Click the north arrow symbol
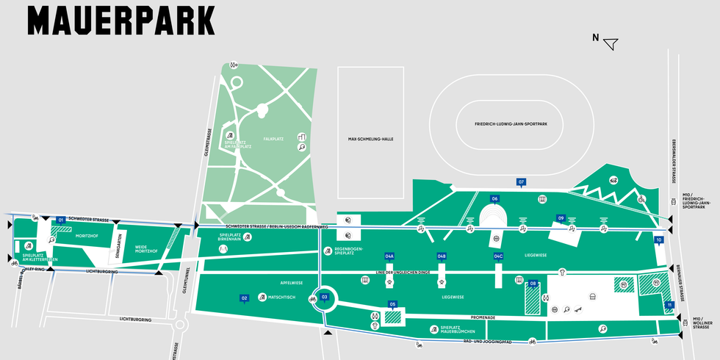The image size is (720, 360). coord(610,43)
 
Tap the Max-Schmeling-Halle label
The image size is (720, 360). coord(370,139)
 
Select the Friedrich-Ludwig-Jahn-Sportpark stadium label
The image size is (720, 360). coord(506,125)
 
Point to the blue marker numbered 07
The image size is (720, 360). coord(522,181)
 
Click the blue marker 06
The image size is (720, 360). coord(494,198)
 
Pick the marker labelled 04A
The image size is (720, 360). coord(390,256)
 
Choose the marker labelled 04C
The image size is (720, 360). coord(498,256)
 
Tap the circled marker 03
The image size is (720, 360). coord(324,297)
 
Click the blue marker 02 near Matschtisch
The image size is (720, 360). coord(244,298)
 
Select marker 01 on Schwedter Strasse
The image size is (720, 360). coord(61,220)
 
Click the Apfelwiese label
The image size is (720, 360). coord(292,282)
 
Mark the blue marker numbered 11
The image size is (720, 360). coord(669,304)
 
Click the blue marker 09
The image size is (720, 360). coord(561,218)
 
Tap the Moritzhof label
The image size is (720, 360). coord(87,236)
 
